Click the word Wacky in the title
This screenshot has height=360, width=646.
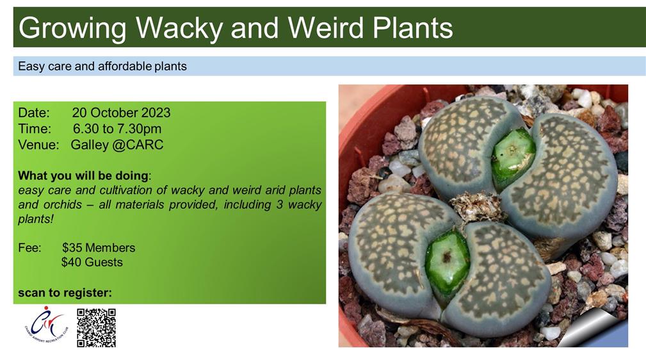[x=179, y=28]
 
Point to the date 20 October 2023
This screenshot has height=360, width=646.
[x=121, y=113]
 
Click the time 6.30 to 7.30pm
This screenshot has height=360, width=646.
[x=117, y=129]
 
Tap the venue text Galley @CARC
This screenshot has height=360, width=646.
[x=117, y=145]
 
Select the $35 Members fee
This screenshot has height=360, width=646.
[x=99, y=247]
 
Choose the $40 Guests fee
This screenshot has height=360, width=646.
[x=92, y=262]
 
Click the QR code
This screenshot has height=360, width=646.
[x=97, y=328]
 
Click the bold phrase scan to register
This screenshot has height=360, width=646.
[x=65, y=293]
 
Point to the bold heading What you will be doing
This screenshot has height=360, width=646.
[x=83, y=176]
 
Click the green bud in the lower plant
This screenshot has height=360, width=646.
[x=447, y=262]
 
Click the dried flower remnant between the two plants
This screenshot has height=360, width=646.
[x=478, y=206]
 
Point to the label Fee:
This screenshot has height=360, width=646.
[x=29, y=247]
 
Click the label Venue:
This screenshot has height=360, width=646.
[x=38, y=145]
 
